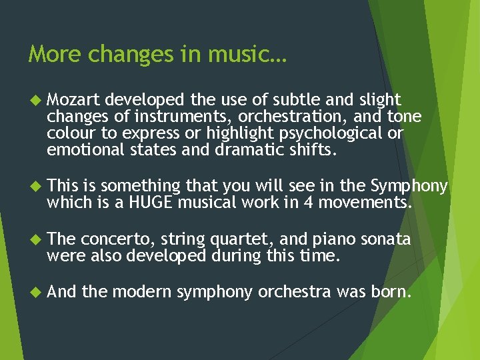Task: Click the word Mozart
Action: (x=73, y=100)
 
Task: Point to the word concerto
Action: (x=111, y=239)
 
